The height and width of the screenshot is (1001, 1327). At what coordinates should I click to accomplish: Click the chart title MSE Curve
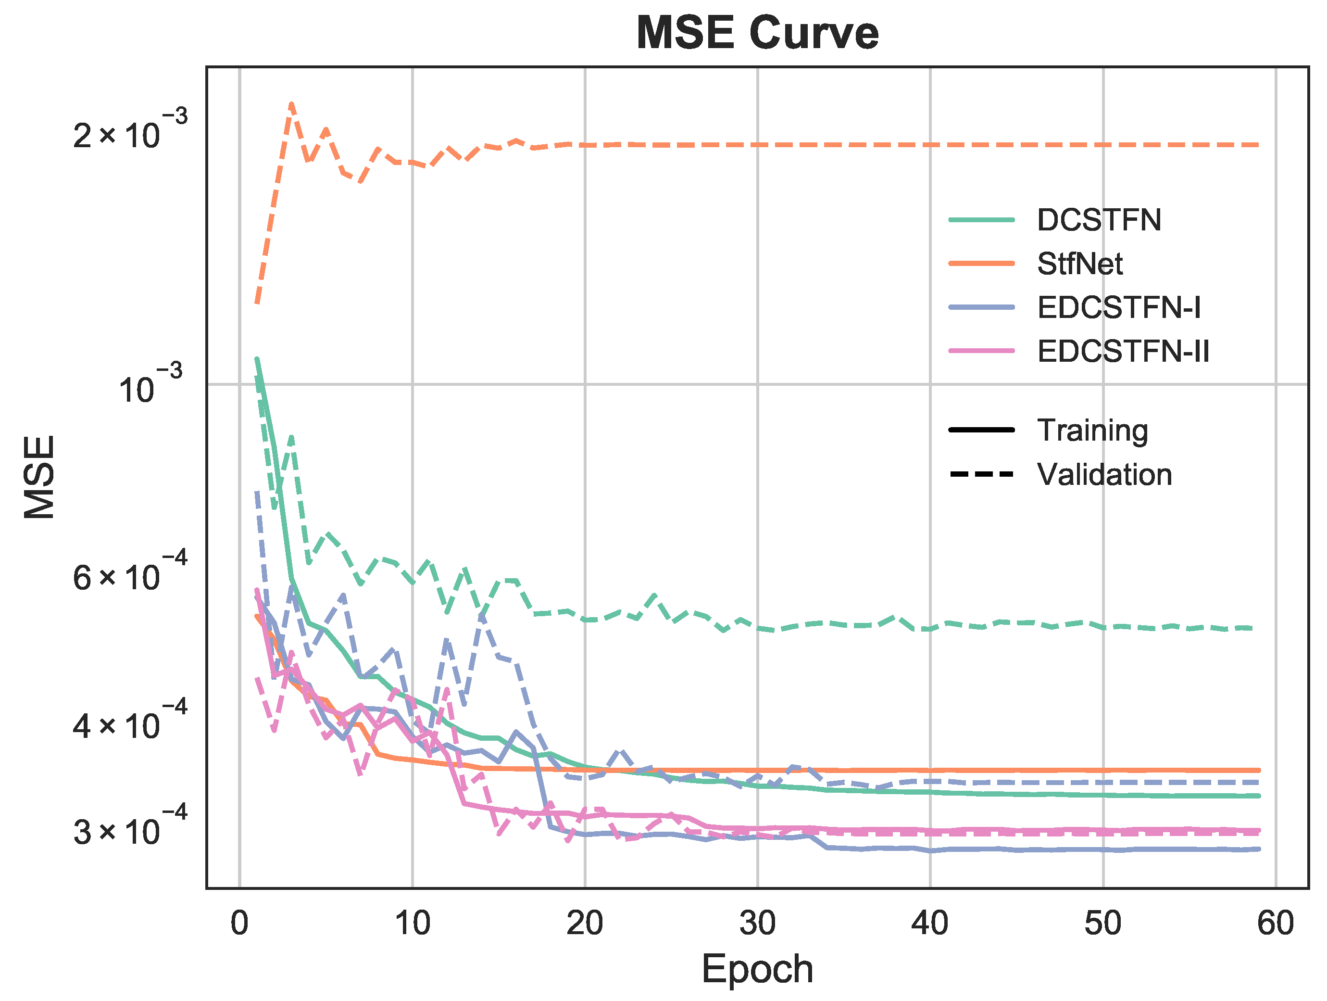point(757,33)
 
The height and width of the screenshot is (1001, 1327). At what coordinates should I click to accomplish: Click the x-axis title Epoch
point(757,969)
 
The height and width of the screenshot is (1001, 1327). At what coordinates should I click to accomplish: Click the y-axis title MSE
point(39,477)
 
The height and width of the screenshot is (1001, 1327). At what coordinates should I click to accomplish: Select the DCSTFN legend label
point(1099,220)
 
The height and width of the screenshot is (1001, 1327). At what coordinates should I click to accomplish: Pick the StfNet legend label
point(1079,264)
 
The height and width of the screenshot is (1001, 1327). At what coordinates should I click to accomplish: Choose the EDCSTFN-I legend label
point(1119,308)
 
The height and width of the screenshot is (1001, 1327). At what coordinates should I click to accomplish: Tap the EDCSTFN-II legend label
point(1123,352)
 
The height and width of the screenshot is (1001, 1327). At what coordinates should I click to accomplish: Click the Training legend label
point(1092,431)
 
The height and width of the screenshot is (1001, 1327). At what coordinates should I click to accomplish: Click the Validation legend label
point(1104,475)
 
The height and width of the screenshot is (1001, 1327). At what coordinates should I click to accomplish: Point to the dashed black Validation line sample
point(981,475)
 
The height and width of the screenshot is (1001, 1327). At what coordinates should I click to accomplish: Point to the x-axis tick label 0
point(239,923)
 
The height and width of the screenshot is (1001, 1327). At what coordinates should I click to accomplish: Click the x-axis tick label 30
point(757,923)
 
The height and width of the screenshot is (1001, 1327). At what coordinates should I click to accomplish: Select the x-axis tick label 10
point(412,923)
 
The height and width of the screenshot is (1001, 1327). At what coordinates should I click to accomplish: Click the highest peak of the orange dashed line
point(291,104)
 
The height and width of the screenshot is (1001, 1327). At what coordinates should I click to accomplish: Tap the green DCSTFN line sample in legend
point(981,220)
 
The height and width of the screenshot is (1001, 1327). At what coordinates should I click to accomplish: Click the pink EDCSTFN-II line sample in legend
point(981,352)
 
